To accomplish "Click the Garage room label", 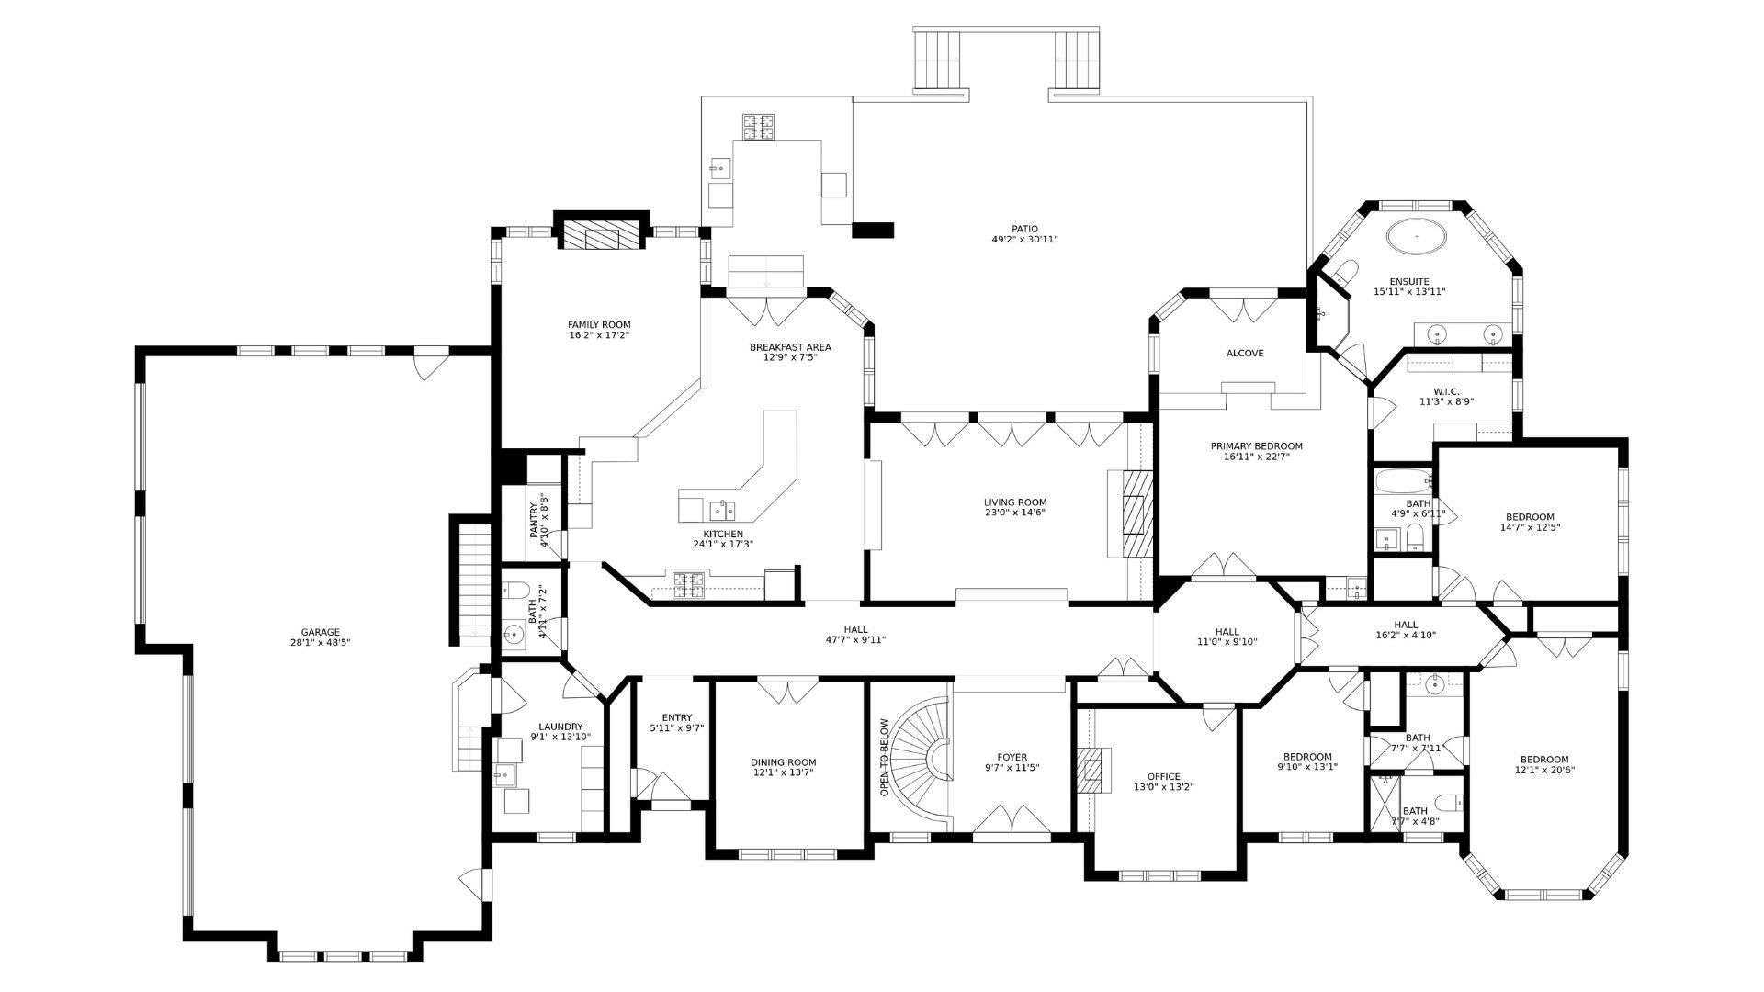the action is [320, 632].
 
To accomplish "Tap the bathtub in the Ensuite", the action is [1416, 236].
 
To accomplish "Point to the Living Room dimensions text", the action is [1015, 513].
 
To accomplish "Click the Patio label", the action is [1024, 229].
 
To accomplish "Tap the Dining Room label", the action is [783, 762].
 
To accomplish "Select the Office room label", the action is [1163, 776].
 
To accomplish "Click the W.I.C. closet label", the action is [1446, 391].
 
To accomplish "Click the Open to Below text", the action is [884, 758].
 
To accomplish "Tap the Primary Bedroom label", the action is [1256, 446].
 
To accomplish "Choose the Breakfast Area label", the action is [790, 347].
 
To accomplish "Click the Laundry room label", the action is [560, 727].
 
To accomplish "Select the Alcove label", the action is [1245, 354].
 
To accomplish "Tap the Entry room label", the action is [677, 718].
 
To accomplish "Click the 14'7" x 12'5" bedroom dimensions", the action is [1530, 527].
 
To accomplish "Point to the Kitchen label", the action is [723, 534].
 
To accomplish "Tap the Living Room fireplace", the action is [1136, 514].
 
